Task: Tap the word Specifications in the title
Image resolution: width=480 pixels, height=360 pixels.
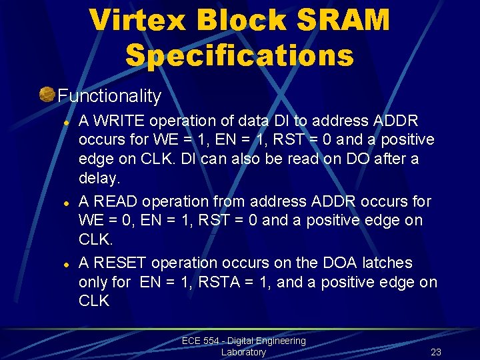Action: [239, 56]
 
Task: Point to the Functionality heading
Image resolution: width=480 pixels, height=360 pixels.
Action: [109, 96]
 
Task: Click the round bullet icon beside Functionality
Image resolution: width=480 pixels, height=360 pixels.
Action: [47, 95]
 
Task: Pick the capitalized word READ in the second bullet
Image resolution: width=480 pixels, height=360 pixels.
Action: [117, 201]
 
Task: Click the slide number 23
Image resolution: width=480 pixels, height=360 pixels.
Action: [436, 352]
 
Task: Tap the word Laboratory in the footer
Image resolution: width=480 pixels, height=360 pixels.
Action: [243, 352]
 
